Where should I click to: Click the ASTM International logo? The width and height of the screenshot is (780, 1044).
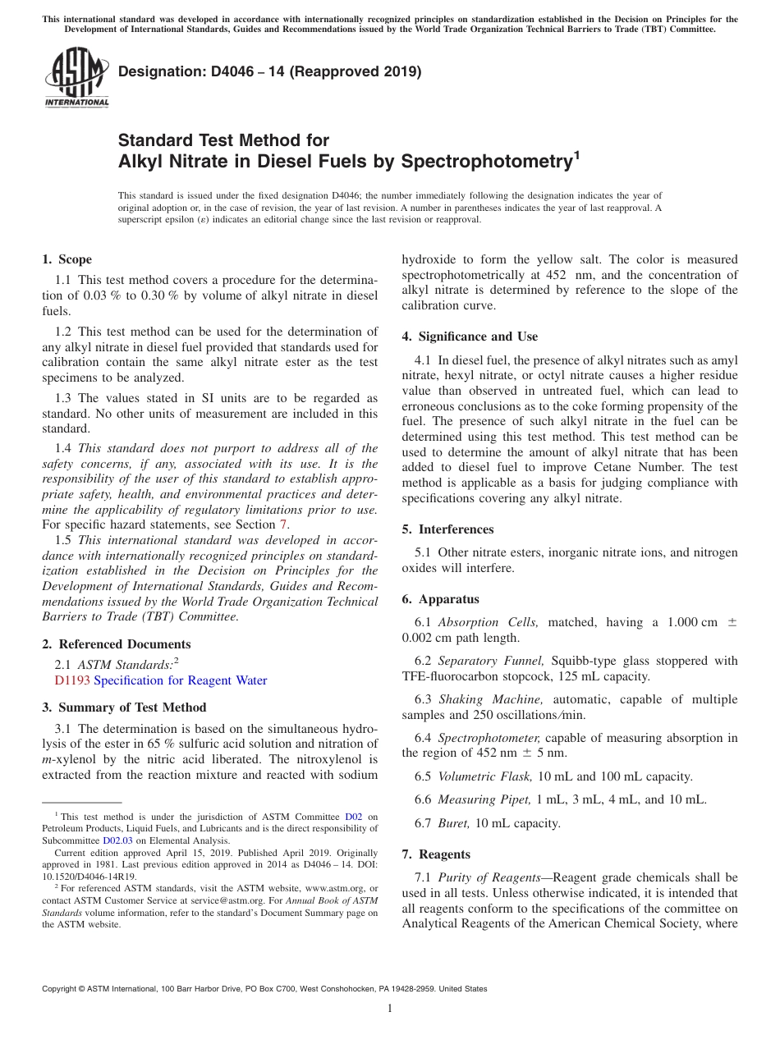[76, 77]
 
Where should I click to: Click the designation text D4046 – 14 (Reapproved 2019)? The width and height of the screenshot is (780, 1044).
[269, 72]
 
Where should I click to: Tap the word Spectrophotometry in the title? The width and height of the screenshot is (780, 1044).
[485, 162]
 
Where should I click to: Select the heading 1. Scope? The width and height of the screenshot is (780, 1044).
[67, 259]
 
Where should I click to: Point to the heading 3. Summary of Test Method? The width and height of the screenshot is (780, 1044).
[124, 707]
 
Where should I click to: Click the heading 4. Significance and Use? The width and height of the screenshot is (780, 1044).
[470, 337]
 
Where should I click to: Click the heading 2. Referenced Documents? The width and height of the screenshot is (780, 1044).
[116, 644]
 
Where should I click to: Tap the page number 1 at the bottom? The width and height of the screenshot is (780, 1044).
[389, 1008]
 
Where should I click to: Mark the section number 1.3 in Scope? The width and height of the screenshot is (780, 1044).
[63, 397]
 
